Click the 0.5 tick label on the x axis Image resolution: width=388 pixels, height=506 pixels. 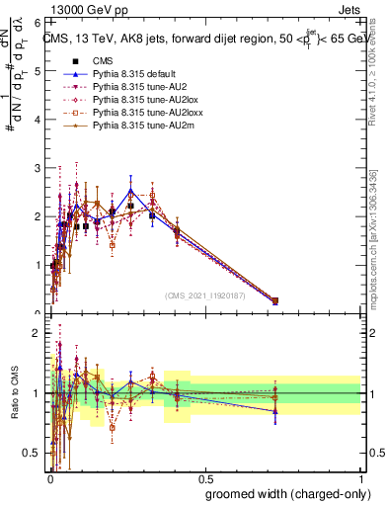(205, 480)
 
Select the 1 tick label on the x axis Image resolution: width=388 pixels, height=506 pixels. (361, 480)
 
